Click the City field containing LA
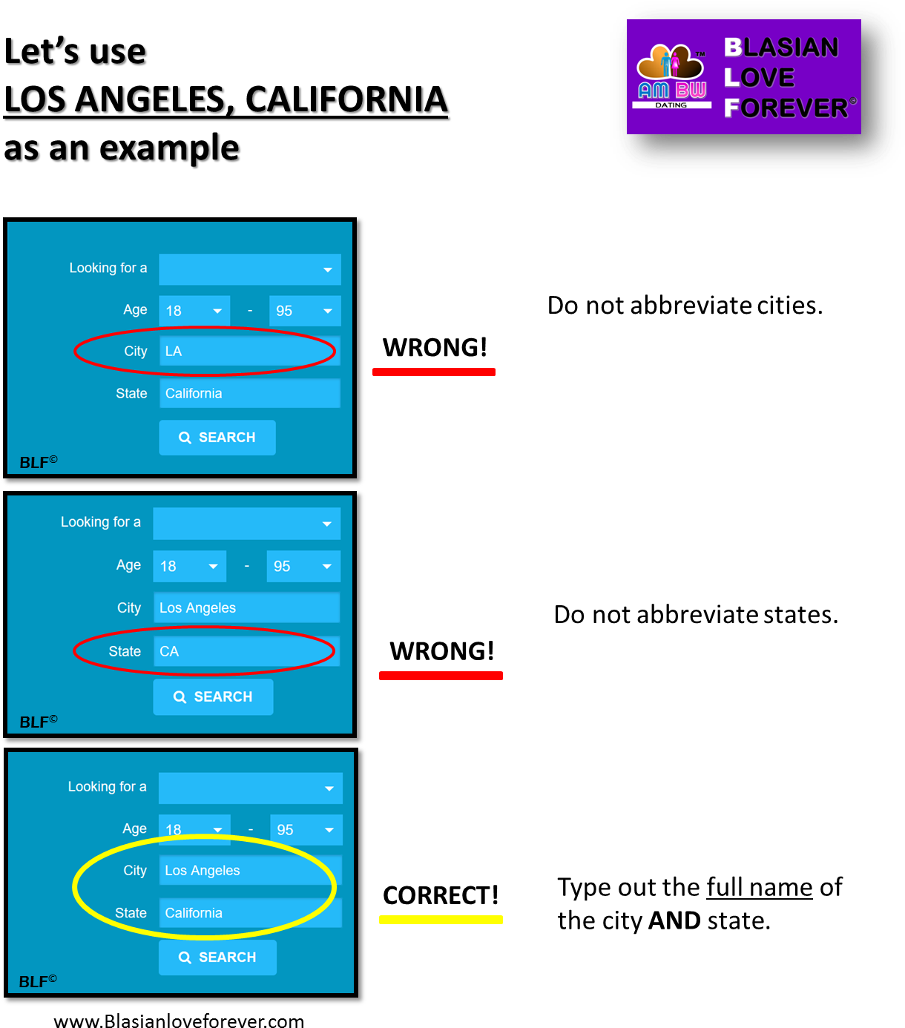[249, 351]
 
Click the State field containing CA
[246, 651]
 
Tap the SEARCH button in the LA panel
[217, 438]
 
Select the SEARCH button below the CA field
[213, 697]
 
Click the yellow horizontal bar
[441, 920]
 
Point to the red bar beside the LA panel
[433, 372]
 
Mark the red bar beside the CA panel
[441, 676]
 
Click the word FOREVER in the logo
[786, 108]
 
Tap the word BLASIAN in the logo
[781, 47]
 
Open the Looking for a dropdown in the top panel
[250, 269]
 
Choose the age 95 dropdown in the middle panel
[303, 567]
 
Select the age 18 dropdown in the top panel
[194, 311]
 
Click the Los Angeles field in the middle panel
[246, 607]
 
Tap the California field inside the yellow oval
[250, 913]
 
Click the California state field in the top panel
[249, 393]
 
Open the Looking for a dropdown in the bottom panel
[250, 788]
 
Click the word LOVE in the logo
[759, 78]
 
